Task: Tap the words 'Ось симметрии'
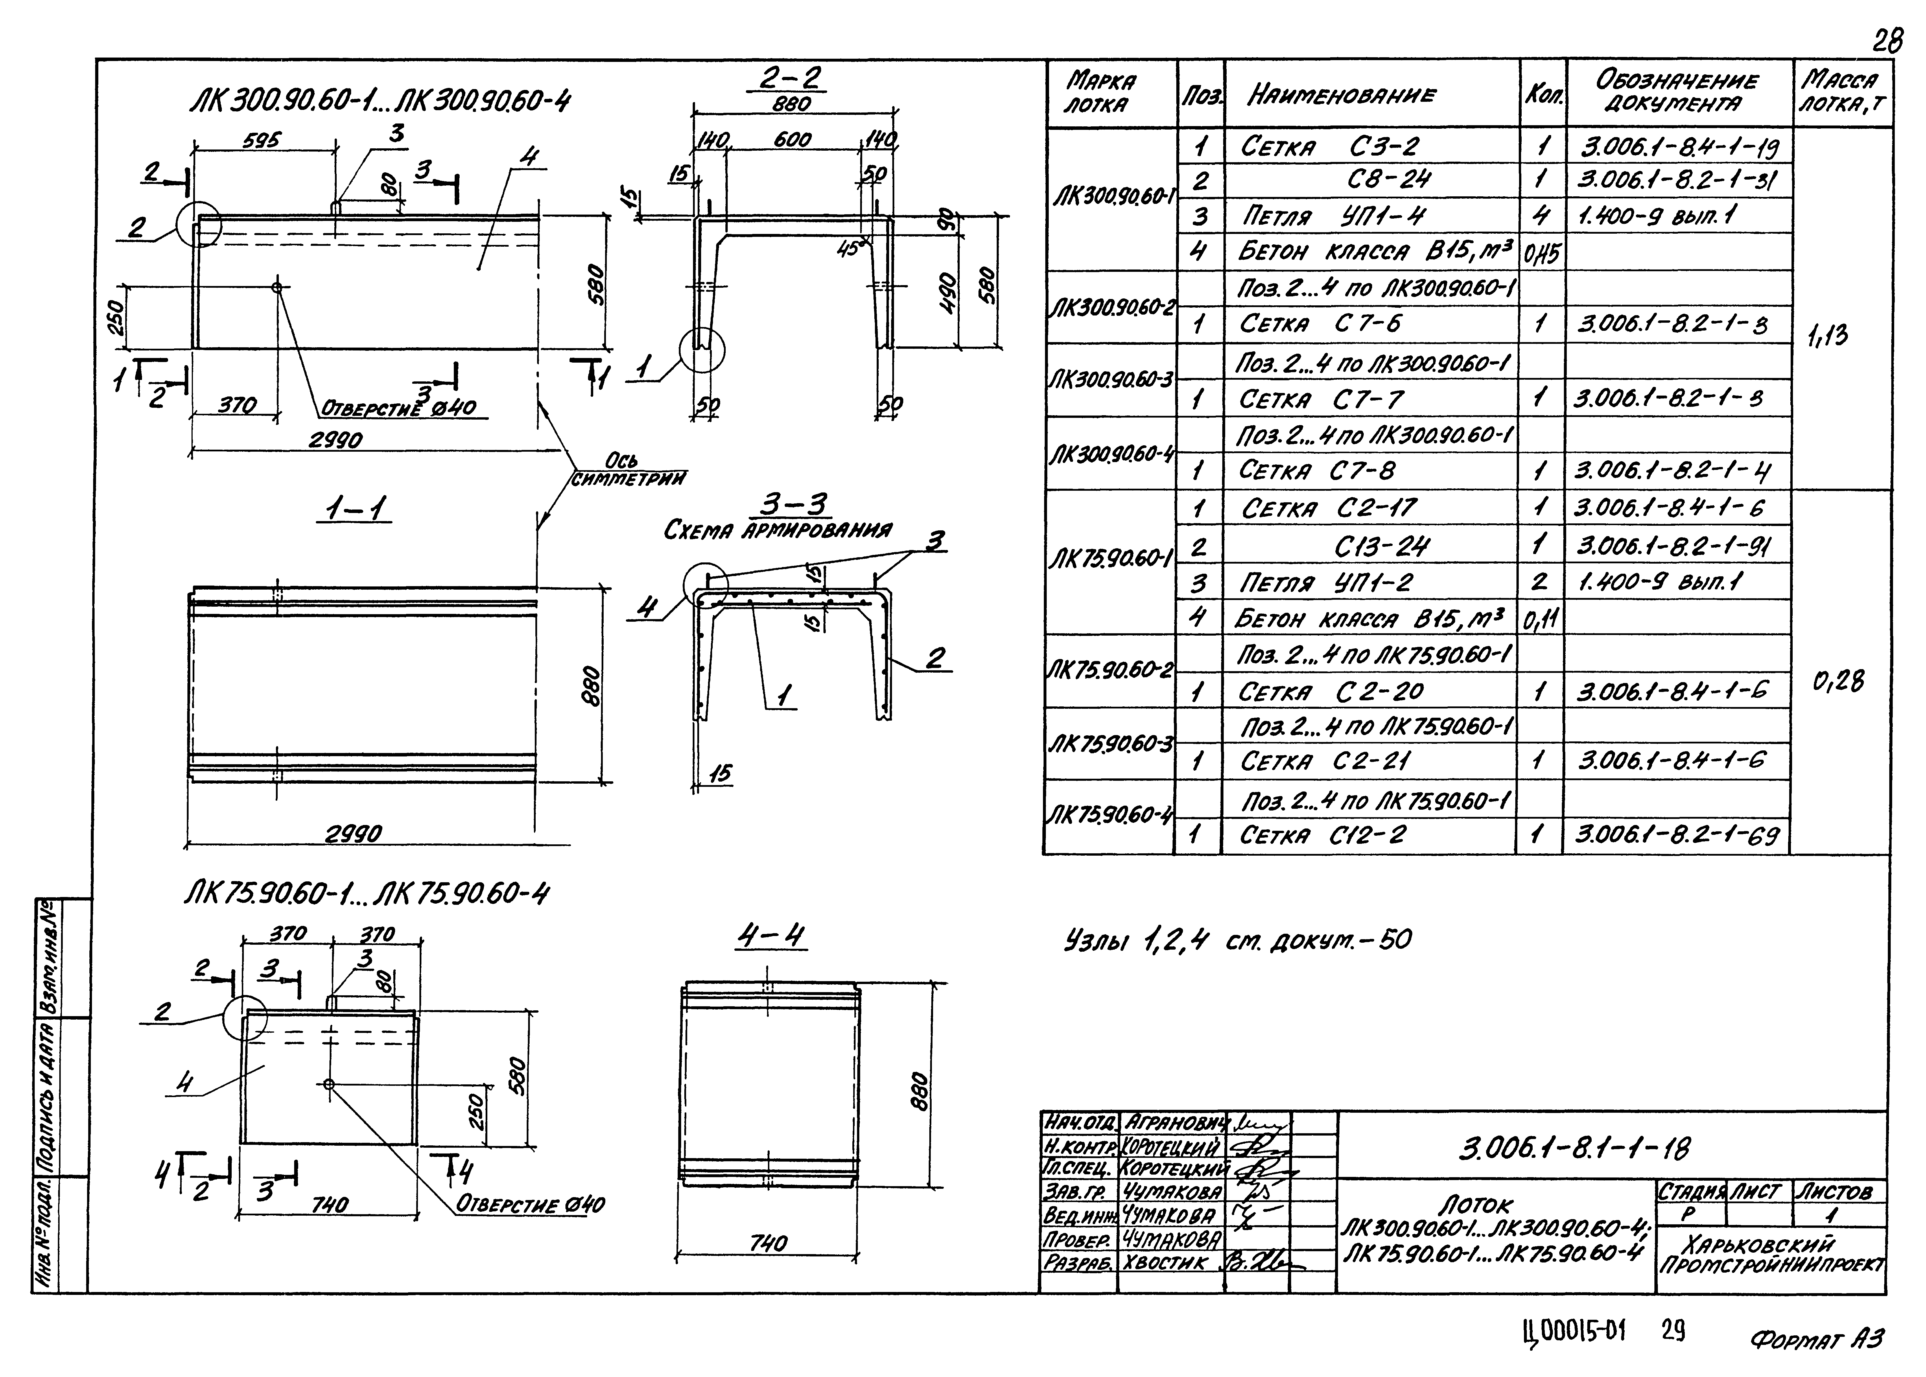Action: tap(628, 470)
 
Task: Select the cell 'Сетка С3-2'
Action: tap(1328, 147)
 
